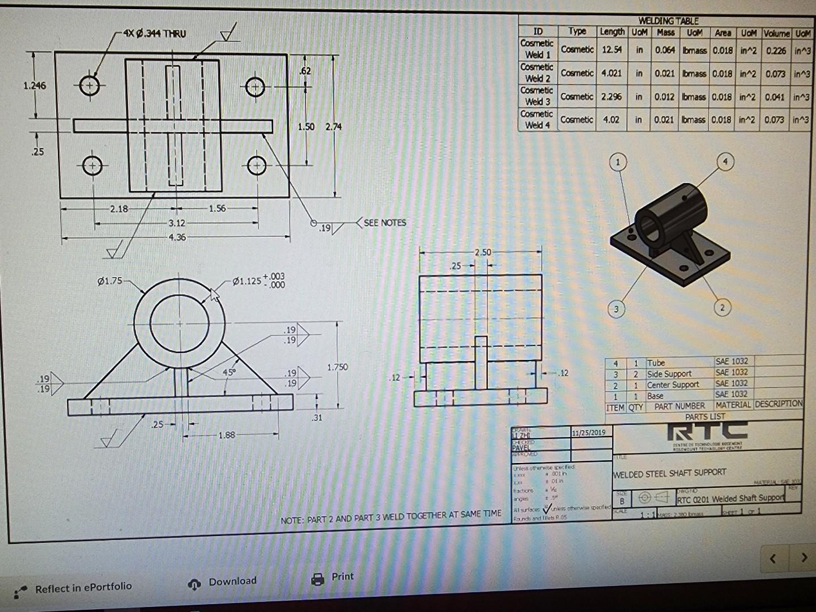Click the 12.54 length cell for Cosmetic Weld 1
[611, 50]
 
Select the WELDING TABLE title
[668, 21]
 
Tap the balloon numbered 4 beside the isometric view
[725, 161]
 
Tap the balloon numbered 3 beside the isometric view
[616, 309]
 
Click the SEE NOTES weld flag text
[385, 223]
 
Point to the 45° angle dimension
[228, 372]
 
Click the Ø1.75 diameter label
[110, 280]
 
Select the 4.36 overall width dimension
[177, 237]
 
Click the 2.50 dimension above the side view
[483, 253]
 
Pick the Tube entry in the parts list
[656, 363]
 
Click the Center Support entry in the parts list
[673, 385]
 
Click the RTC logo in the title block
[707, 432]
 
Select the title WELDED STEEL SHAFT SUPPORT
[669, 473]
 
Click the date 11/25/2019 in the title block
[589, 432]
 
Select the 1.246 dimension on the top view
[35, 86]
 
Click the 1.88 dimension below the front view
[226, 435]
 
